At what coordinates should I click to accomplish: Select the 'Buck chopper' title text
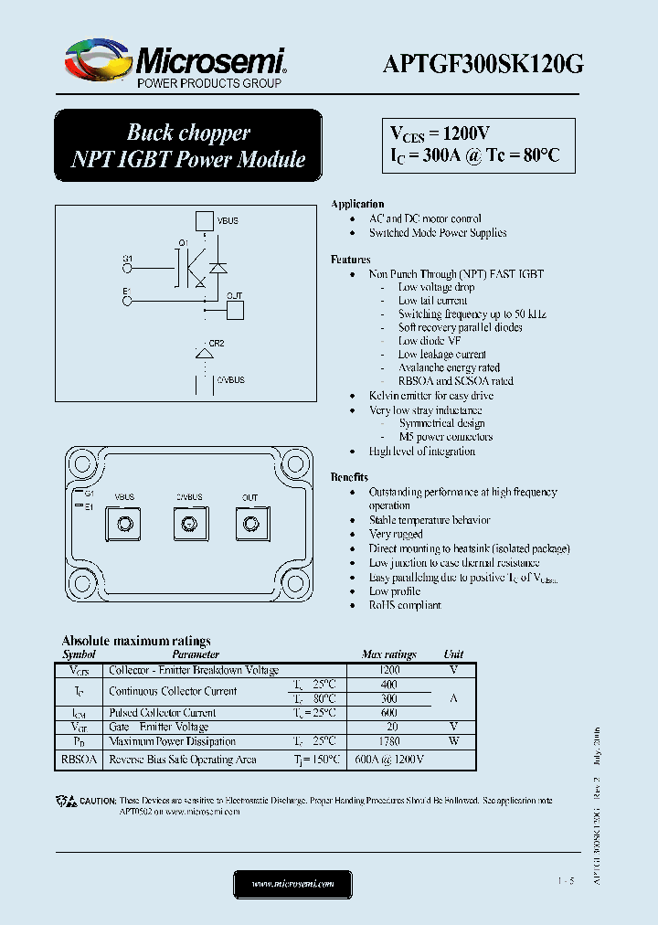(x=187, y=133)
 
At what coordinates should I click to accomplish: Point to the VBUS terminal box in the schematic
(x=204, y=220)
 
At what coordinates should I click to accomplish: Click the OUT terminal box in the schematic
(x=235, y=309)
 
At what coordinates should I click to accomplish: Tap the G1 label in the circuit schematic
(x=127, y=260)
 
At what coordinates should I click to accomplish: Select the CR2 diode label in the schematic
(x=217, y=343)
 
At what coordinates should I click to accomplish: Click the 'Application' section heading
(x=357, y=204)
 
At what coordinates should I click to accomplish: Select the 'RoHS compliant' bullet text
(x=405, y=605)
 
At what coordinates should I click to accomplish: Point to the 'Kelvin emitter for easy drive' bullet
(x=430, y=396)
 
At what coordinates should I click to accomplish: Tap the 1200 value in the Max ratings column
(x=388, y=670)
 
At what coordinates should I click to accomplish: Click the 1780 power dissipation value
(x=388, y=741)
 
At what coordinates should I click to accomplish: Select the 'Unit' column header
(x=453, y=654)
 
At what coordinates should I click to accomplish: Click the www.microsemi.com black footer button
(x=292, y=884)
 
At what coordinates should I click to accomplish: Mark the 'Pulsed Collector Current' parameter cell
(x=162, y=712)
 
